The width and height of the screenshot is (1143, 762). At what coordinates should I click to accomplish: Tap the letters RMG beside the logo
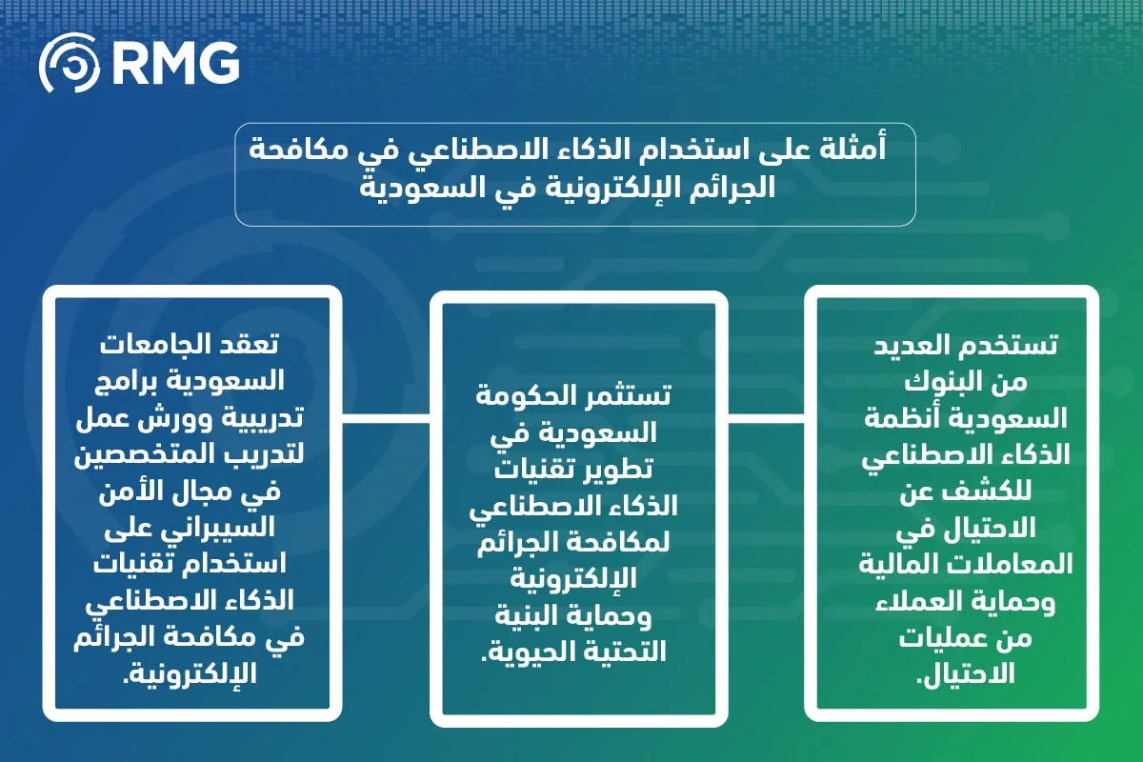175,66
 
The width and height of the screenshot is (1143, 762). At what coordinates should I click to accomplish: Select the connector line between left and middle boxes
387,417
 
